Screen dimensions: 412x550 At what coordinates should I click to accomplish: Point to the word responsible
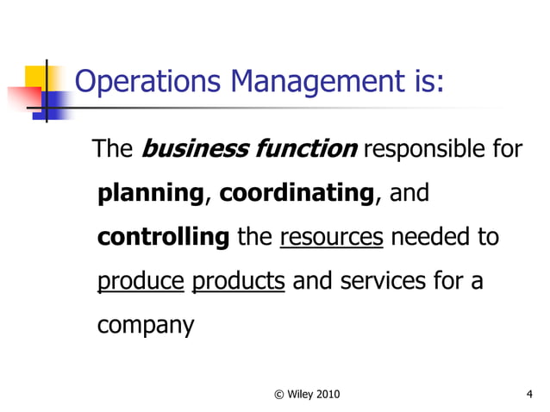421,150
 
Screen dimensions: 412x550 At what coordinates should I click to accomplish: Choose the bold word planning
151,194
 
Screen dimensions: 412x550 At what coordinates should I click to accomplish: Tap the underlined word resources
332,237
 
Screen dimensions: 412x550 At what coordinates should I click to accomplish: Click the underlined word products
239,282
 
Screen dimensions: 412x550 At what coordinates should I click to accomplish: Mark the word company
146,327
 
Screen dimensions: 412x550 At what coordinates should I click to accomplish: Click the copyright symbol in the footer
278,395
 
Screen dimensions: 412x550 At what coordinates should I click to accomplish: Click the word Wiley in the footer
302,395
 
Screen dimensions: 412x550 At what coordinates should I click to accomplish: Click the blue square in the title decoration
53,103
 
